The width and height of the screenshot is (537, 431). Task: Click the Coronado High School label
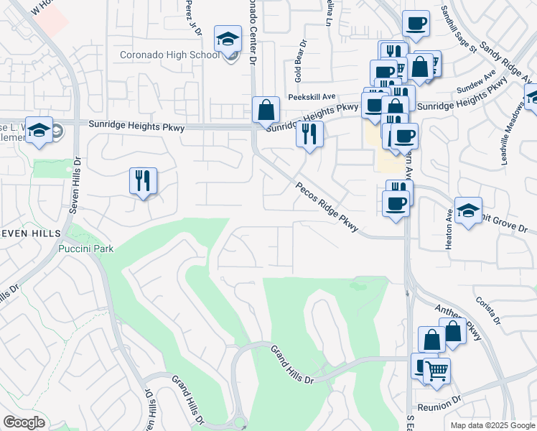169,55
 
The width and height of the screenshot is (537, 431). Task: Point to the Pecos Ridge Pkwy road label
327,206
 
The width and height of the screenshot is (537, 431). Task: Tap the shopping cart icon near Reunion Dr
436,371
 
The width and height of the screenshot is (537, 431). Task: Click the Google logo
24,423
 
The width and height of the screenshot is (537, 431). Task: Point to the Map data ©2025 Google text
492,425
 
